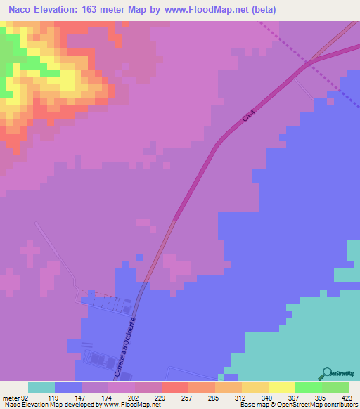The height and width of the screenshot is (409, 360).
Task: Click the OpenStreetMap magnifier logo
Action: point(328,372)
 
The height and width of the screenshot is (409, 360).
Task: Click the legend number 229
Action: point(160,397)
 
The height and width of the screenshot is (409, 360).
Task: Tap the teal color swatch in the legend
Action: point(41,387)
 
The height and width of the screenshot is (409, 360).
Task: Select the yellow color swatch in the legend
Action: point(281,387)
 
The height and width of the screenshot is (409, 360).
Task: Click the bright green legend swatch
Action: point(308,387)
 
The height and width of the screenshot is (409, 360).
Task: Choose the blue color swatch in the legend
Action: point(68,387)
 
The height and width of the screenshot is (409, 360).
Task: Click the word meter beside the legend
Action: point(8,397)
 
